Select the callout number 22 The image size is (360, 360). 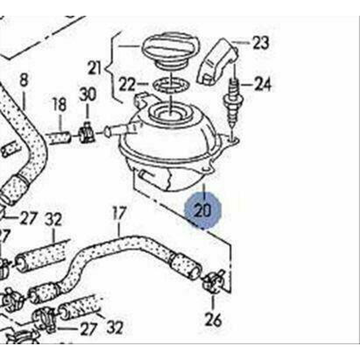[x=128, y=84]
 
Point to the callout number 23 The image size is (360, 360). [x=260, y=43]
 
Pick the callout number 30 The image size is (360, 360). [x=88, y=95]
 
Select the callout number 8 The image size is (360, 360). [x=24, y=81]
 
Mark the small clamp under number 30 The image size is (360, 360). [x=86, y=133]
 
